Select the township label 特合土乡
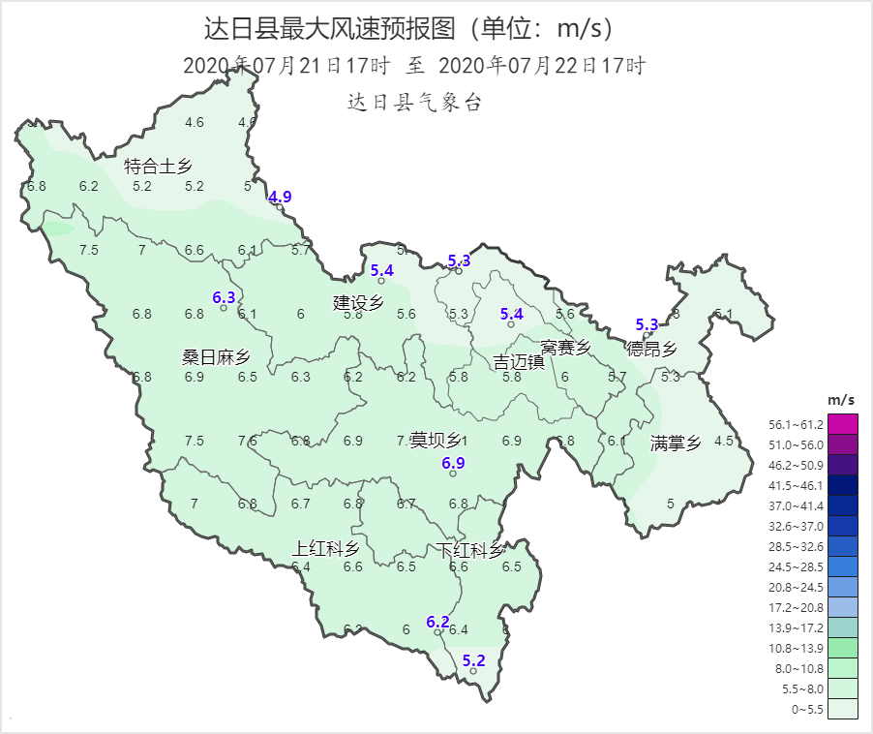click(x=158, y=167)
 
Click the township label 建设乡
click(x=358, y=303)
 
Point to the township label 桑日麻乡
click(x=217, y=356)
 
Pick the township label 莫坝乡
click(x=436, y=441)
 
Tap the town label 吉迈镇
click(x=519, y=362)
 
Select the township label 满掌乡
click(x=675, y=443)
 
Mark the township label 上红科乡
click(x=325, y=549)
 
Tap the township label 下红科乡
click(x=469, y=551)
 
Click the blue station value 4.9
click(x=280, y=197)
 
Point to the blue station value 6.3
click(x=224, y=297)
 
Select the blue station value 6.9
click(x=453, y=463)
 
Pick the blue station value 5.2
click(x=473, y=660)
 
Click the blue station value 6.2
click(x=437, y=622)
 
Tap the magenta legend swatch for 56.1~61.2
click(x=841, y=424)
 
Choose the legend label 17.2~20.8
click(x=796, y=607)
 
